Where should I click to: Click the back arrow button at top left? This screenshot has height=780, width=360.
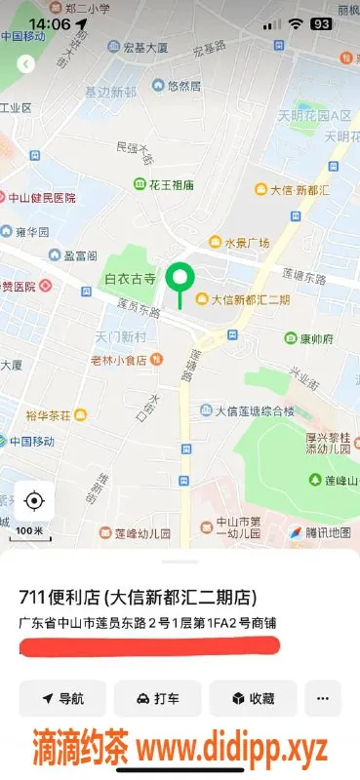[x=26, y=64]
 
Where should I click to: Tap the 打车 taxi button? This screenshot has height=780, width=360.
[x=157, y=698]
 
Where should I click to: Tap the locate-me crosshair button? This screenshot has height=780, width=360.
[x=34, y=501]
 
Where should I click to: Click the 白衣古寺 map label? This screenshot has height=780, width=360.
[x=130, y=279]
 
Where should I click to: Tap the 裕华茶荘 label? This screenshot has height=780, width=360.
[x=49, y=415]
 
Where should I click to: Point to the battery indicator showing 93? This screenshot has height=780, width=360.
[x=321, y=23]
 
